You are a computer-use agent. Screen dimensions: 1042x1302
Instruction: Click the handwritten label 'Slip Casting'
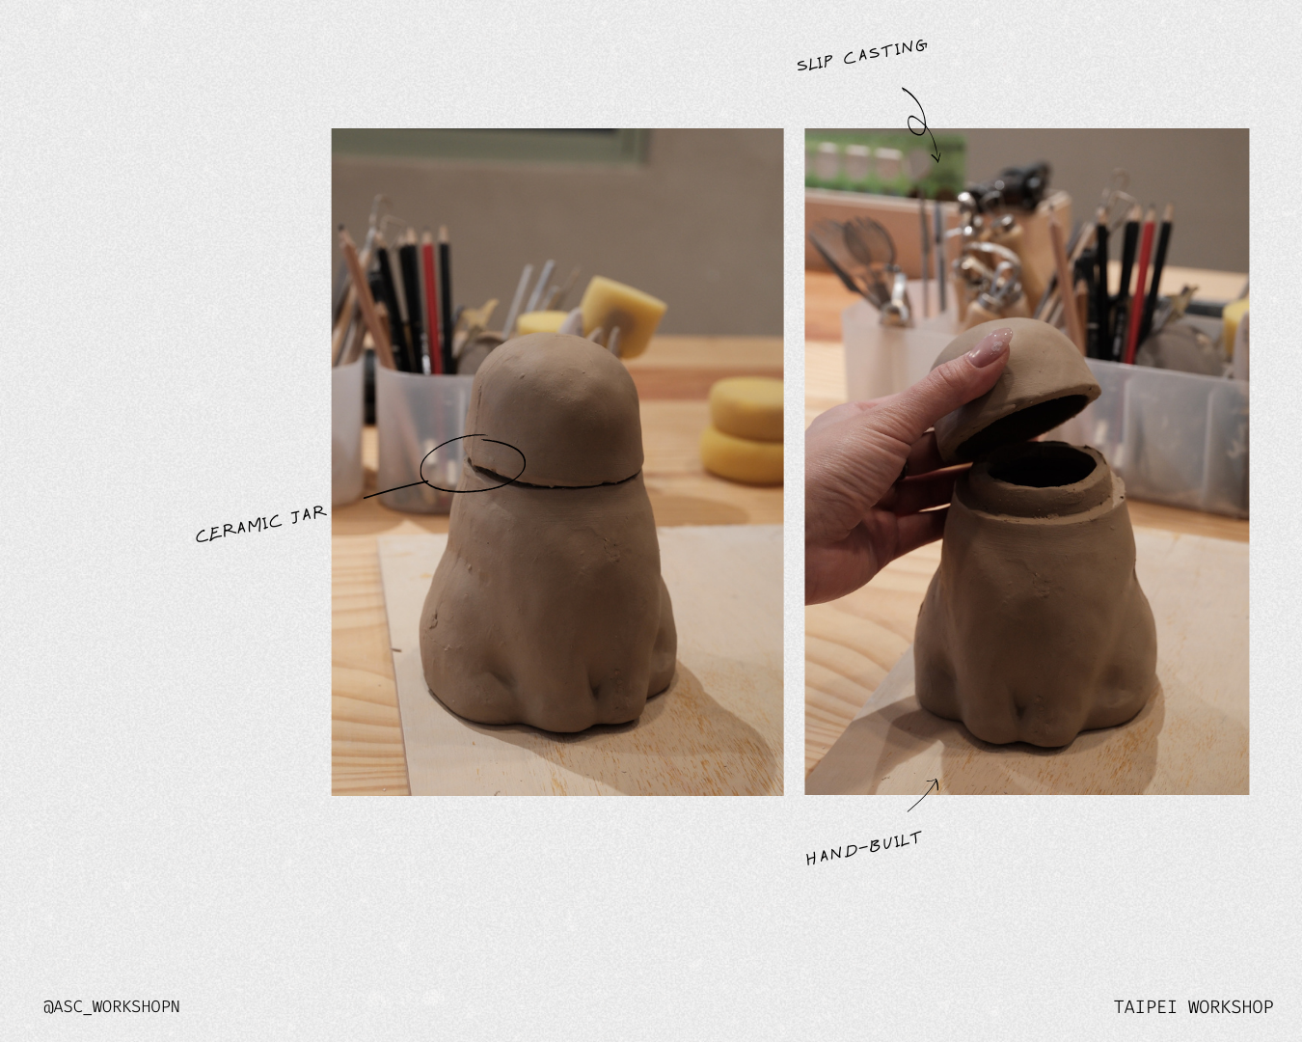861,55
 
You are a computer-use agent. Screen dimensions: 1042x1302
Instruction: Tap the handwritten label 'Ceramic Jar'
260,524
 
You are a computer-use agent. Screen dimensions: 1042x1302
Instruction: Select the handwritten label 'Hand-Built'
863,848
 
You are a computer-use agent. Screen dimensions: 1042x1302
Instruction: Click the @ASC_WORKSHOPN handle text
111,1006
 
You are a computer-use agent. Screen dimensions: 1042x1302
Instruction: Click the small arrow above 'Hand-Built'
924,795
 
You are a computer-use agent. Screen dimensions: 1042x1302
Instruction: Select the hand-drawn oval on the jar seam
473,464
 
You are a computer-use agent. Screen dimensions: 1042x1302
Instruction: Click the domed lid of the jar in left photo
557,405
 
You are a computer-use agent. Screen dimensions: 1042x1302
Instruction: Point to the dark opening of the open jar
1042,465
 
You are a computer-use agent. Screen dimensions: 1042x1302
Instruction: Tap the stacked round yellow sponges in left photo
745,429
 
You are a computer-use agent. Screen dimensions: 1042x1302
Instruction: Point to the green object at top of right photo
882,159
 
